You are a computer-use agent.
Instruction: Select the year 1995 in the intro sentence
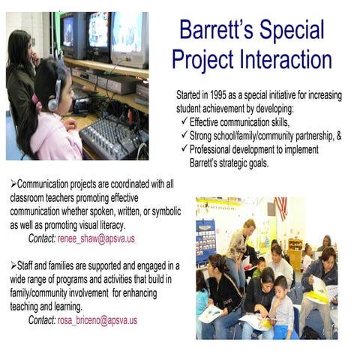click(x=227, y=96)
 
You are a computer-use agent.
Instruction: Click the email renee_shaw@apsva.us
click(x=103, y=238)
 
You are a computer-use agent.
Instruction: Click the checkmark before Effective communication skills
click(x=184, y=121)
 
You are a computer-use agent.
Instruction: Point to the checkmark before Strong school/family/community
click(x=184, y=135)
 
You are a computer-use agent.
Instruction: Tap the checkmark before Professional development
click(x=184, y=148)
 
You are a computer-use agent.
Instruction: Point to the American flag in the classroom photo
click(x=281, y=208)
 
